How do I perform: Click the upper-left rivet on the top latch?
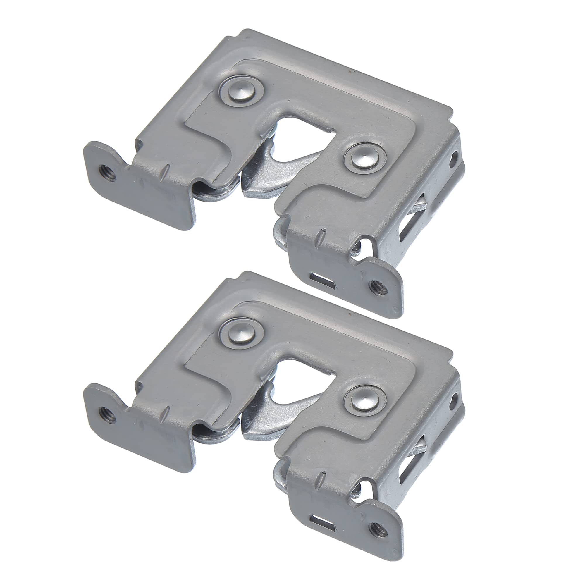tap(241, 92)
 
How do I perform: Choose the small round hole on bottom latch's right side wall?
tap(455, 401)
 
